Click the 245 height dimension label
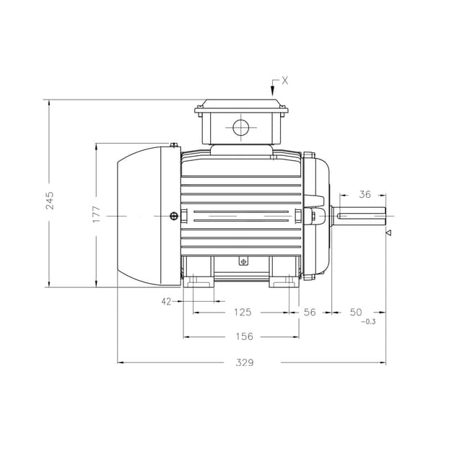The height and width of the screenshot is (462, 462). coord(50,200)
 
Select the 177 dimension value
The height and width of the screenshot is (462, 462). coord(97,214)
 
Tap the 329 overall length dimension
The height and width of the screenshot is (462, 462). coord(245,362)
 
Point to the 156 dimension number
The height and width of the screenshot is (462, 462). coord(245,336)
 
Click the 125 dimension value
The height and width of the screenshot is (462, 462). coord(243,312)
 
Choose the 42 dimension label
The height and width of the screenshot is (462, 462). coord(167,302)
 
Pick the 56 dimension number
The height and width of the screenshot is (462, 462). coord(310,312)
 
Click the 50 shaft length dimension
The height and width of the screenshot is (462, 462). coord(356,312)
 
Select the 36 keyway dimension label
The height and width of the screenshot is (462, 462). coord(365,194)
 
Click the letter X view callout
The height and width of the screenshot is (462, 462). coord(284,81)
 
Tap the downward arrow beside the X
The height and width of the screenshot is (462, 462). coord(273,90)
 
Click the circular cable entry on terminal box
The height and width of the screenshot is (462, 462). coord(240,128)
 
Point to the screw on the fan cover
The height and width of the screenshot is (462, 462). coord(173,216)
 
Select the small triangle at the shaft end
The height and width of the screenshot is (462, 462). coord(388,232)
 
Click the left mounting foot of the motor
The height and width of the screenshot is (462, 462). coord(199,278)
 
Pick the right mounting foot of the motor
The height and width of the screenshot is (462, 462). coord(284,278)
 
